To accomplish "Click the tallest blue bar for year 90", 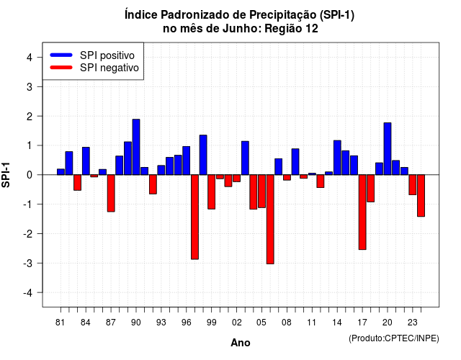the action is (136, 147).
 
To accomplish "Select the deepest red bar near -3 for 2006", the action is (270, 219).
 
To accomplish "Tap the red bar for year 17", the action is (362, 212).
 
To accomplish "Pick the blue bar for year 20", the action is (388, 149).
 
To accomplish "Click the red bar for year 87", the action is (111, 193).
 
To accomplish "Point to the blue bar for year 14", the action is (337, 158).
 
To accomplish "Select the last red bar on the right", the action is (421, 195).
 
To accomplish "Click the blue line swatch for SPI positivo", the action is (61, 55).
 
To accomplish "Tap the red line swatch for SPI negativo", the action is (61, 67).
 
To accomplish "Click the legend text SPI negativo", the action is (109, 68).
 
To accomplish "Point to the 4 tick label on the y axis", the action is (30, 58).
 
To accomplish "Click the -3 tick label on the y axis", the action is (28, 263).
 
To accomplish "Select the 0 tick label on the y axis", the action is (30, 175).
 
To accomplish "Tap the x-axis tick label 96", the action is (186, 323).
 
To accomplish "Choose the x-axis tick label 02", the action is (236, 323).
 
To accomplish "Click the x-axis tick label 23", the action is (413, 323).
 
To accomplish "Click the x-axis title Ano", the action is (241, 343).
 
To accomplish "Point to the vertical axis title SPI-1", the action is (6, 175).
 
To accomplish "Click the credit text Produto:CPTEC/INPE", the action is (394, 338).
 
